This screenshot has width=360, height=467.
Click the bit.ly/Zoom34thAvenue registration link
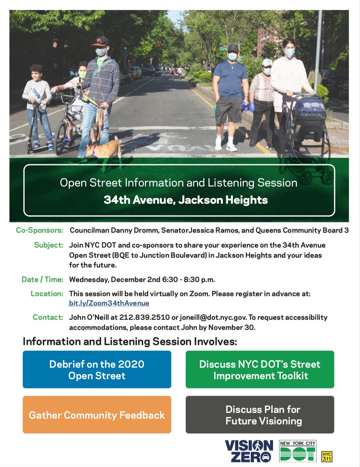coord(109,303)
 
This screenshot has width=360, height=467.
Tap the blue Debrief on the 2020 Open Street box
coord(97,369)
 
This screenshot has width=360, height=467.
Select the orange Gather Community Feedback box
coord(97,415)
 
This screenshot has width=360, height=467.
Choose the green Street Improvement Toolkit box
coord(260,369)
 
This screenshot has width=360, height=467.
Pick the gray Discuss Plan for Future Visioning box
coord(260,415)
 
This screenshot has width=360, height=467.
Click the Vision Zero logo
coord(249,451)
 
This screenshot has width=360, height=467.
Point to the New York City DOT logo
coord(298,451)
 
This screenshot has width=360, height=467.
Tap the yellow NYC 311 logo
coord(327,456)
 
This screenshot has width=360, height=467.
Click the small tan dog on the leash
coord(105,148)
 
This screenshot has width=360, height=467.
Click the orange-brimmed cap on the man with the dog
coord(100,41)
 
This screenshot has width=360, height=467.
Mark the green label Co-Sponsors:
coord(40,230)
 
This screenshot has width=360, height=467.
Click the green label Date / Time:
coord(42,279)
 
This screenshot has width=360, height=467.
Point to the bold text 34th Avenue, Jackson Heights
coord(185,200)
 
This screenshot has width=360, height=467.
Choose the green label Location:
coord(47,293)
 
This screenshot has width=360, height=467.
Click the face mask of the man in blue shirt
coord(232,57)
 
